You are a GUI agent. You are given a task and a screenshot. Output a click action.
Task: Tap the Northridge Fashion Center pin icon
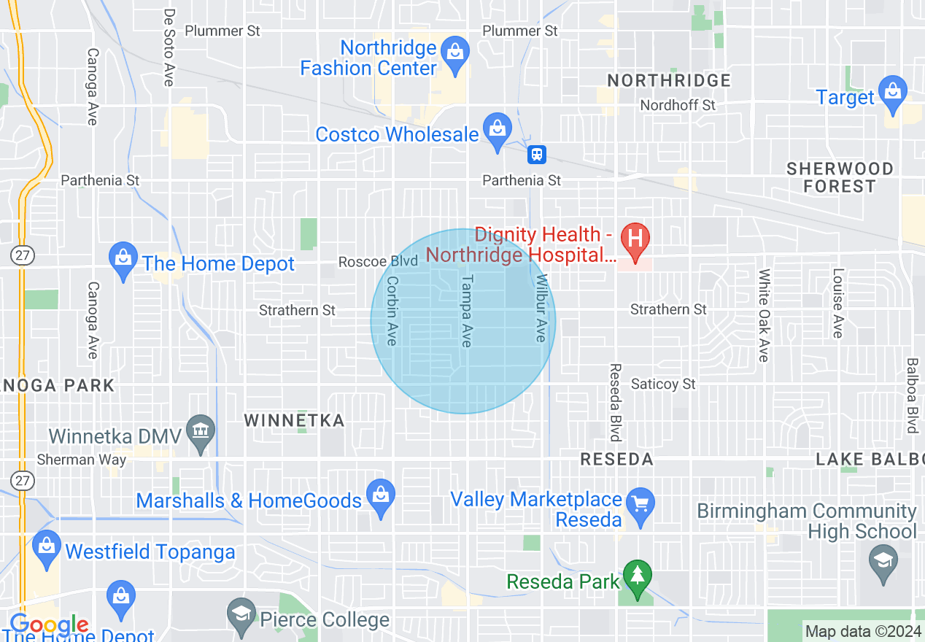pos(456,55)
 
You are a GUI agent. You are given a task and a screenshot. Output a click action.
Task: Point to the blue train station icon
pos(537,154)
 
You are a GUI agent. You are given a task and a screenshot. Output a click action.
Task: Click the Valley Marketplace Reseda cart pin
pos(640,505)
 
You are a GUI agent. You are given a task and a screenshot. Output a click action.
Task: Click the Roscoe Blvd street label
pos(378,261)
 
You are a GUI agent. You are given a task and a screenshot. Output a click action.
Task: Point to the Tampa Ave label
pos(467,311)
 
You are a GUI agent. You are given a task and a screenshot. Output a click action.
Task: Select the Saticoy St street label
pos(663,384)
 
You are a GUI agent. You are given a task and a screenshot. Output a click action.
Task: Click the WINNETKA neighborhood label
pos(294,420)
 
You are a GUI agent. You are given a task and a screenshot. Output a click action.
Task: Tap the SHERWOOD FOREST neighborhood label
pos(839,177)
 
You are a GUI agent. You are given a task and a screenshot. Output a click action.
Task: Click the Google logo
pos(49,625)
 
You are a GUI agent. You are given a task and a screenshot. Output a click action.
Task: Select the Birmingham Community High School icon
pos(883,562)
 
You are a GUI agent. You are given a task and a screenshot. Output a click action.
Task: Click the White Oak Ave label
pos(764,315)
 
